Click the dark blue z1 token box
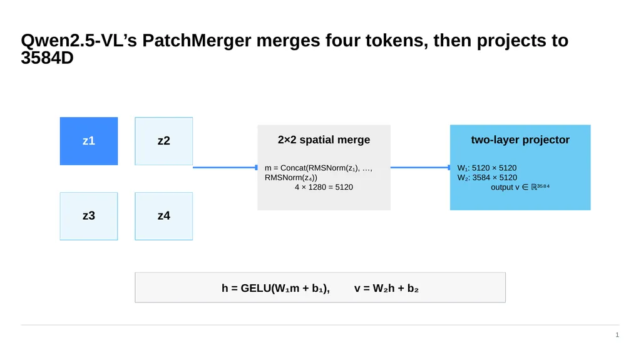coord(89,141)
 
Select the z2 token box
coord(164,141)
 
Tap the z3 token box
coord(89,216)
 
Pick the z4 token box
coord(164,216)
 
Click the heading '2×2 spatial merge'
coord(324,140)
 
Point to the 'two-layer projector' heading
coord(520,140)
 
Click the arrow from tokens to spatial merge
coord(225,167)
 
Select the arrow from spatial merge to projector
coord(420,167)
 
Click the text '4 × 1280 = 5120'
coord(324,187)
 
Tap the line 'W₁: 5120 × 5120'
coord(487,168)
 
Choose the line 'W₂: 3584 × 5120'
coord(487,178)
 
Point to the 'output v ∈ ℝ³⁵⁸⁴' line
coord(520,187)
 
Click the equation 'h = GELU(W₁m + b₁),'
coord(275,288)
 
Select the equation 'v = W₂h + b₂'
coord(386,288)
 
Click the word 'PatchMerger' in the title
coord(197,41)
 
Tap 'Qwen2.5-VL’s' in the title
coord(79,41)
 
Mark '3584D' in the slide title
coord(47,58)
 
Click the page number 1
coord(617,335)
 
